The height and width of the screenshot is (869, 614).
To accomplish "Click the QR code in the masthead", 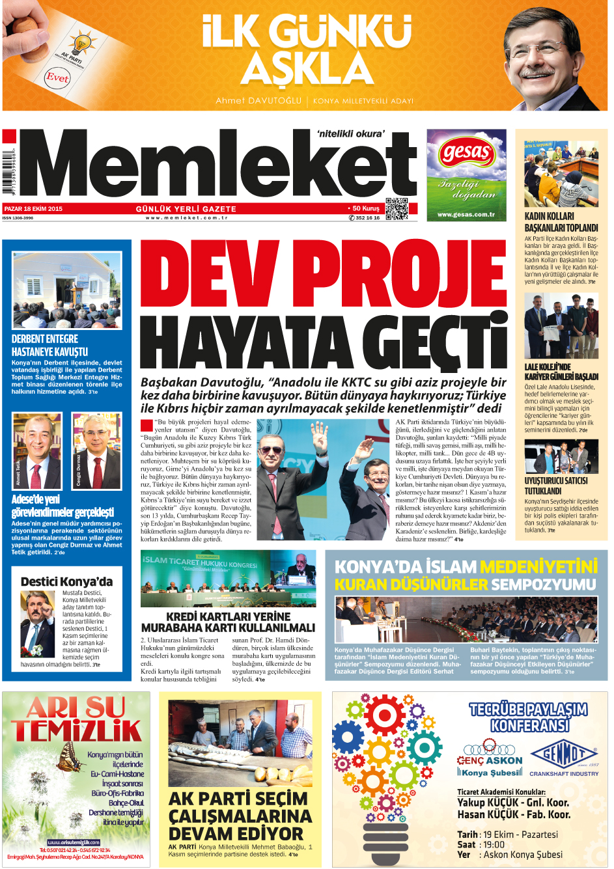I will pyautogui.click(x=397, y=209).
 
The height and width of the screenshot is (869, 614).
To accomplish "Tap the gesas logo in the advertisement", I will pyautogui.click(x=466, y=154).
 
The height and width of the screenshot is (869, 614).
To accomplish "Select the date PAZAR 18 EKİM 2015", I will pyautogui.click(x=34, y=209).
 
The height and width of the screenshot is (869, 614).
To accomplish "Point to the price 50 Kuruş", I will pyautogui.click(x=365, y=209).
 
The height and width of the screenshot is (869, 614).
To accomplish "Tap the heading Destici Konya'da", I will pyautogui.click(x=66, y=581).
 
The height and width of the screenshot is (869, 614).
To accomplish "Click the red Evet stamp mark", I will pyautogui.click(x=57, y=77).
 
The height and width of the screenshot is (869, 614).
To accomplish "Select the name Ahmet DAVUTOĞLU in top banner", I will pyautogui.click(x=258, y=101).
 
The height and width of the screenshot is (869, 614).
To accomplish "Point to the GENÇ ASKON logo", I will pyautogui.click(x=490, y=755).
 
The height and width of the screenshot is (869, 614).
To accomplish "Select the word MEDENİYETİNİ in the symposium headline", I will pyautogui.click(x=538, y=566).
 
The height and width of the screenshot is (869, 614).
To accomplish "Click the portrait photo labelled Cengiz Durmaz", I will pyautogui.click(x=96, y=451).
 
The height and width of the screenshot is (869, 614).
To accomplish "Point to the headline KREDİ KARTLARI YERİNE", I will pyautogui.click(x=228, y=616).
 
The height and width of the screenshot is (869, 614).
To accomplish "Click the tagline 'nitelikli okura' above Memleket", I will pyautogui.click(x=350, y=133).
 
